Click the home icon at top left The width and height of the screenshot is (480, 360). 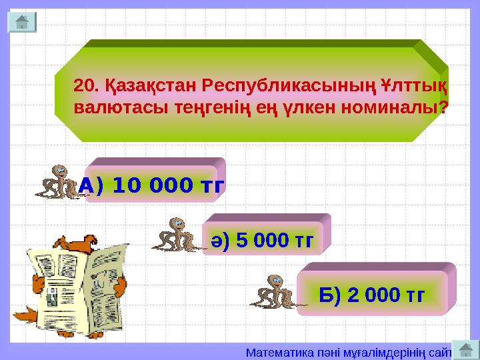pyautogui.click(x=21, y=21)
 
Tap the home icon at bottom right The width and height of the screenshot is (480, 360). pyautogui.click(x=467, y=350)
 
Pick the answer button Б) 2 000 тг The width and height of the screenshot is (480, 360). pyautogui.click(x=372, y=293)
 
